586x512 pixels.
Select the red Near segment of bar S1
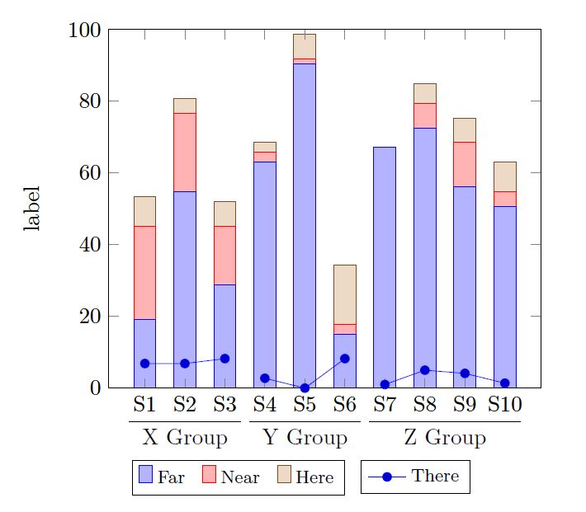point(144,272)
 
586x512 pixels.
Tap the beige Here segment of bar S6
point(345,294)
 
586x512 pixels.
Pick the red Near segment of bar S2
point(185,152)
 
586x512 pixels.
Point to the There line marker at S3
point(224,359)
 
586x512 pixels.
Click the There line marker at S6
point(345,359)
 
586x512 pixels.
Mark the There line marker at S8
point(424,370)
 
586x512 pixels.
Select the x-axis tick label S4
point(265,405)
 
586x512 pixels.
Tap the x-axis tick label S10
point(504,405)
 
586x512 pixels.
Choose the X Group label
point(185,437)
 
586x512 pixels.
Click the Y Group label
point(305,437)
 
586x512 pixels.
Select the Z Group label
point(445,437)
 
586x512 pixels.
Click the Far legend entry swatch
point(146,475)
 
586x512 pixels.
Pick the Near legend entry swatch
point(209,475)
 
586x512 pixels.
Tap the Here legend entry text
point(314,477)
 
